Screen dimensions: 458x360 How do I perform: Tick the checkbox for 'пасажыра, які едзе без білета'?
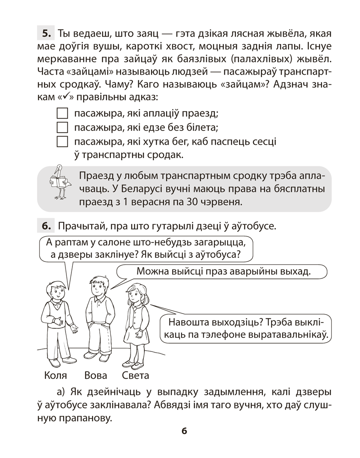tap(61, 127)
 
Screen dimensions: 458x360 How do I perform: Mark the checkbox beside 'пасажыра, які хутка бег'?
tap(61, 141)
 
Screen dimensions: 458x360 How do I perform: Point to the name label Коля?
tap(56, 376)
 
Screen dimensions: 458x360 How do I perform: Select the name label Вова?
tap(96, 376)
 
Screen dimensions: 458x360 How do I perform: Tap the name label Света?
tap(136, 376)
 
